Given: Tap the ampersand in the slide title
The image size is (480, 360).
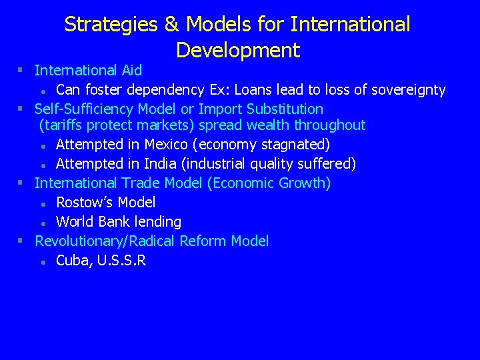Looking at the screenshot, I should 171,25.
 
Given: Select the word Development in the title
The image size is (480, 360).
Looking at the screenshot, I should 238,50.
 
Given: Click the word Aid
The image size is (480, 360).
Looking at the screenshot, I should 131,71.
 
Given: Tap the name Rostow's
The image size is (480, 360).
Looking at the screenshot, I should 83,203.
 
